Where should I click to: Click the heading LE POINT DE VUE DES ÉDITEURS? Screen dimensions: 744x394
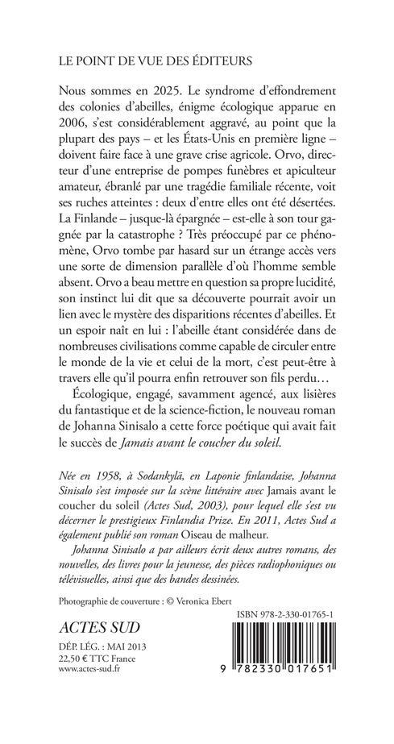[x=153, y=60]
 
